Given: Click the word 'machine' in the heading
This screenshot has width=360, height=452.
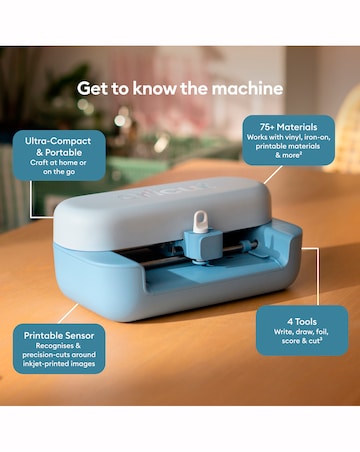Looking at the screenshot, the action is coord(247,88).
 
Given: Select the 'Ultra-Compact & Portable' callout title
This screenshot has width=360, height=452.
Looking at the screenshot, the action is coord(58,146).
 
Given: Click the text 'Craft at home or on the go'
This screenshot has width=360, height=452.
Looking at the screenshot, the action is coord(58,167).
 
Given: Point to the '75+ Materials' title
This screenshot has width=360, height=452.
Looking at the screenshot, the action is coord(288,127).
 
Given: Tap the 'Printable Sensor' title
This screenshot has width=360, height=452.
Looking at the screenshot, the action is coord(59,336).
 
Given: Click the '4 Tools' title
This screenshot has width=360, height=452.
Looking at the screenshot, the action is coord(302,322).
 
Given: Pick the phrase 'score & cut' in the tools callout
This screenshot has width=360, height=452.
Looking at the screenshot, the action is coord(301,341).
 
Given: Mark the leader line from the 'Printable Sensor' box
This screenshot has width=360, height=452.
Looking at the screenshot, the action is coord(68,314).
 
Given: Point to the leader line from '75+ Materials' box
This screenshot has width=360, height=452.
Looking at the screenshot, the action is coord(273,174).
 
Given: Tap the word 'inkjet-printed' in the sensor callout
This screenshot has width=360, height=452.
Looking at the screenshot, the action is coord(44,364).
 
